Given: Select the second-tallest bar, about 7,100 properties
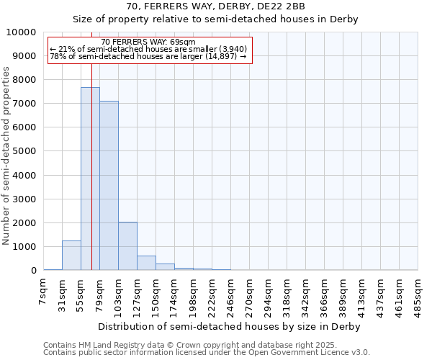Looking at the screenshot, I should point(109,186).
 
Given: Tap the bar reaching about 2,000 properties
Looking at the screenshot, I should point(127,246).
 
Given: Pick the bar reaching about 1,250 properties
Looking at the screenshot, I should point(71,256).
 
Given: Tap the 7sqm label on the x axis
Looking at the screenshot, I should point(43,292).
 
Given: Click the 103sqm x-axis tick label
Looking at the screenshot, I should point(118,295).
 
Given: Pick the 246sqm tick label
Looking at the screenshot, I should point(230,295).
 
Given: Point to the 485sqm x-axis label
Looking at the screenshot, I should point(418,295).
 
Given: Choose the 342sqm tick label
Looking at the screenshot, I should point(305,295).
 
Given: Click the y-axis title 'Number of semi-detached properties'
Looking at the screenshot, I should point(6,156).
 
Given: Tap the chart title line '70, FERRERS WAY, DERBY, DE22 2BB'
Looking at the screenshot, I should point(215,6).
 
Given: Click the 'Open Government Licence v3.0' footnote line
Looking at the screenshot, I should point(207,353).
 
